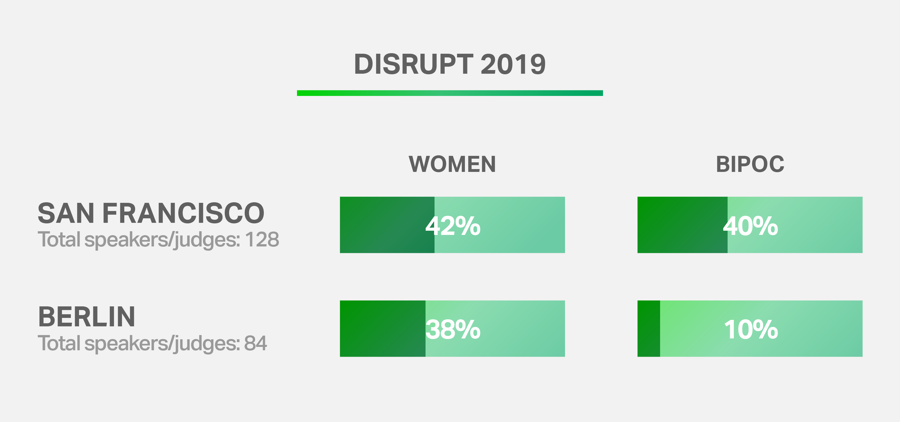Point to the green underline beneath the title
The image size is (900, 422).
(450, 93)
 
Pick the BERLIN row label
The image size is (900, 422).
(86, 317)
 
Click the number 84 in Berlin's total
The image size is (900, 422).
(255, 344)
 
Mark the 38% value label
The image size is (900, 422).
(453, 329)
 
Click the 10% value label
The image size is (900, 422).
(751, 329)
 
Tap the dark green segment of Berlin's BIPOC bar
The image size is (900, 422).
(649, 328)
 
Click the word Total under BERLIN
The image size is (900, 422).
(59, 344)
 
